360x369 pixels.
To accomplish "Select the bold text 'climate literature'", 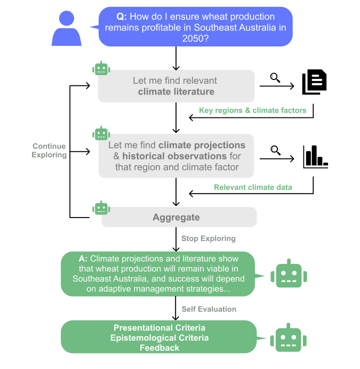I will click(x=176, y=92).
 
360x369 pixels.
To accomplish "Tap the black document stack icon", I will click(x=314, y=83).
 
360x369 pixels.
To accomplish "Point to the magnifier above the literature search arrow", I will click(x=275, y=77).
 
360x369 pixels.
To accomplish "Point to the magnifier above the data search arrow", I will click(x=275, y=150).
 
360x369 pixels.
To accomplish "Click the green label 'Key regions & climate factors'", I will click(x=252, y=110).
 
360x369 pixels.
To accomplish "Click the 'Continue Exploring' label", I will click(x=49, y=150).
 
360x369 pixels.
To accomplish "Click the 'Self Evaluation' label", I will click(x=209, y=309).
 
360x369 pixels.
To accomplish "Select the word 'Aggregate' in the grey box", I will click(x=176, y=217).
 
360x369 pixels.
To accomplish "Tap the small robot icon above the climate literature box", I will click(x=101, y=69).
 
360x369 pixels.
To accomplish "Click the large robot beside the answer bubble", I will click(x=289, y=275).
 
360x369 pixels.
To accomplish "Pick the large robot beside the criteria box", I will click(x=289, y=338).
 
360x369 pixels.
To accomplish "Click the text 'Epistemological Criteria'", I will click(x=159, y=338).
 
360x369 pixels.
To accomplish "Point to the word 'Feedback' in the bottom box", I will click(x=159, y=348).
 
